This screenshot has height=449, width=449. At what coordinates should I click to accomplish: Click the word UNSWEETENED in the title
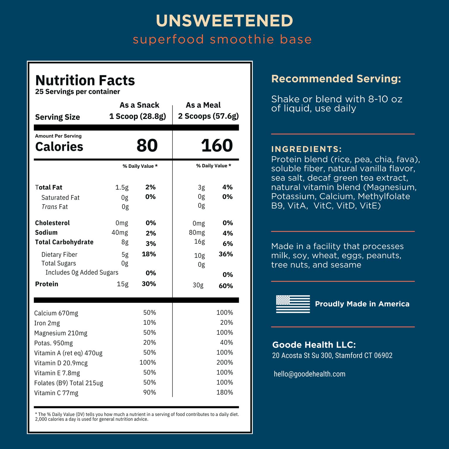(x=224, y=21)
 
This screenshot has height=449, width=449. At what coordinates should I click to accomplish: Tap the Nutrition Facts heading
(x=85, y=80)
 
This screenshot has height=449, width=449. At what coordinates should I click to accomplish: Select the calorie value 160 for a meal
(x=217, y=146)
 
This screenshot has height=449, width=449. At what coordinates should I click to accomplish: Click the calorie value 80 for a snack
(x=147, y=146)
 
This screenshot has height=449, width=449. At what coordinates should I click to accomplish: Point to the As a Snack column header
(x=139, y=105)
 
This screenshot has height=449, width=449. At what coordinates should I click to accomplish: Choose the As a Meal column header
(x=203, y=105)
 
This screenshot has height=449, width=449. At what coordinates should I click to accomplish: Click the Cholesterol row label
(x=52, y=223)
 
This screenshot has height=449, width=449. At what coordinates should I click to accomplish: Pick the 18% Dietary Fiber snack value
(x=149, y=254)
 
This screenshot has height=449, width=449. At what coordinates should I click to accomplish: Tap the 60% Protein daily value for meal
(x=226, y=286)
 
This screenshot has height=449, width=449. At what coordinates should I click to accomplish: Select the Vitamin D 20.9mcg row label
(x=61, y=363)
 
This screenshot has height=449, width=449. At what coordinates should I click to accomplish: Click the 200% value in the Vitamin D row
(x=224, y=362)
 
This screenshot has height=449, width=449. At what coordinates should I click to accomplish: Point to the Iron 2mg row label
(x=47, y=323)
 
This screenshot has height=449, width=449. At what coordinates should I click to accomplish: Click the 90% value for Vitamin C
(x=149, y=392)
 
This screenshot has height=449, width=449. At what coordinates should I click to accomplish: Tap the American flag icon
(x=293, y=304)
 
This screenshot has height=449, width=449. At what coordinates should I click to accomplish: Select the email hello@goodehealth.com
(x=310, y=374)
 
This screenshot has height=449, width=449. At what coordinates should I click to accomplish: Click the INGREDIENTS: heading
(x=306, y=149)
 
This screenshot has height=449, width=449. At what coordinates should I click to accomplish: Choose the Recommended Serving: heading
(x=336, y=79)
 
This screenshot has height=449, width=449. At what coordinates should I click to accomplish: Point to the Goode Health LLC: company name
(x=314, y=345)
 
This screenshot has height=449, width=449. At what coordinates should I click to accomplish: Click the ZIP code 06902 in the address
(x=383, y=355)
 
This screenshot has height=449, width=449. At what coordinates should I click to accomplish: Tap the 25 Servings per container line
(x=77, y=92)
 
